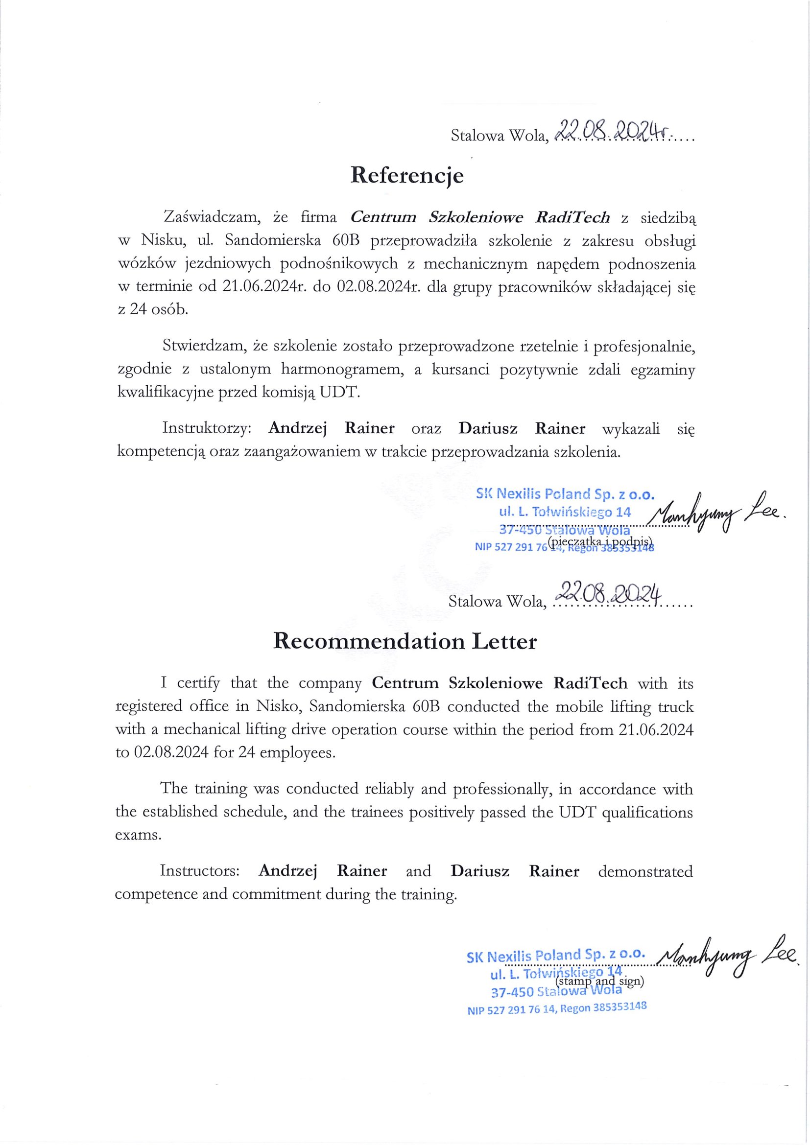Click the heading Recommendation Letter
[x=405, y=641]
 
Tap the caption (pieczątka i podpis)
[x=600, y=541]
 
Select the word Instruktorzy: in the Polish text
[x=209, y=428]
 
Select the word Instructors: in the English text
[x=200, y=871]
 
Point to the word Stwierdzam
[x=205, y=345]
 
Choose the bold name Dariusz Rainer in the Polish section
[x=521, y=428]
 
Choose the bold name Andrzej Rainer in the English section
[x=322, y=871]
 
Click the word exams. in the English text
[x=139, y=835]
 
